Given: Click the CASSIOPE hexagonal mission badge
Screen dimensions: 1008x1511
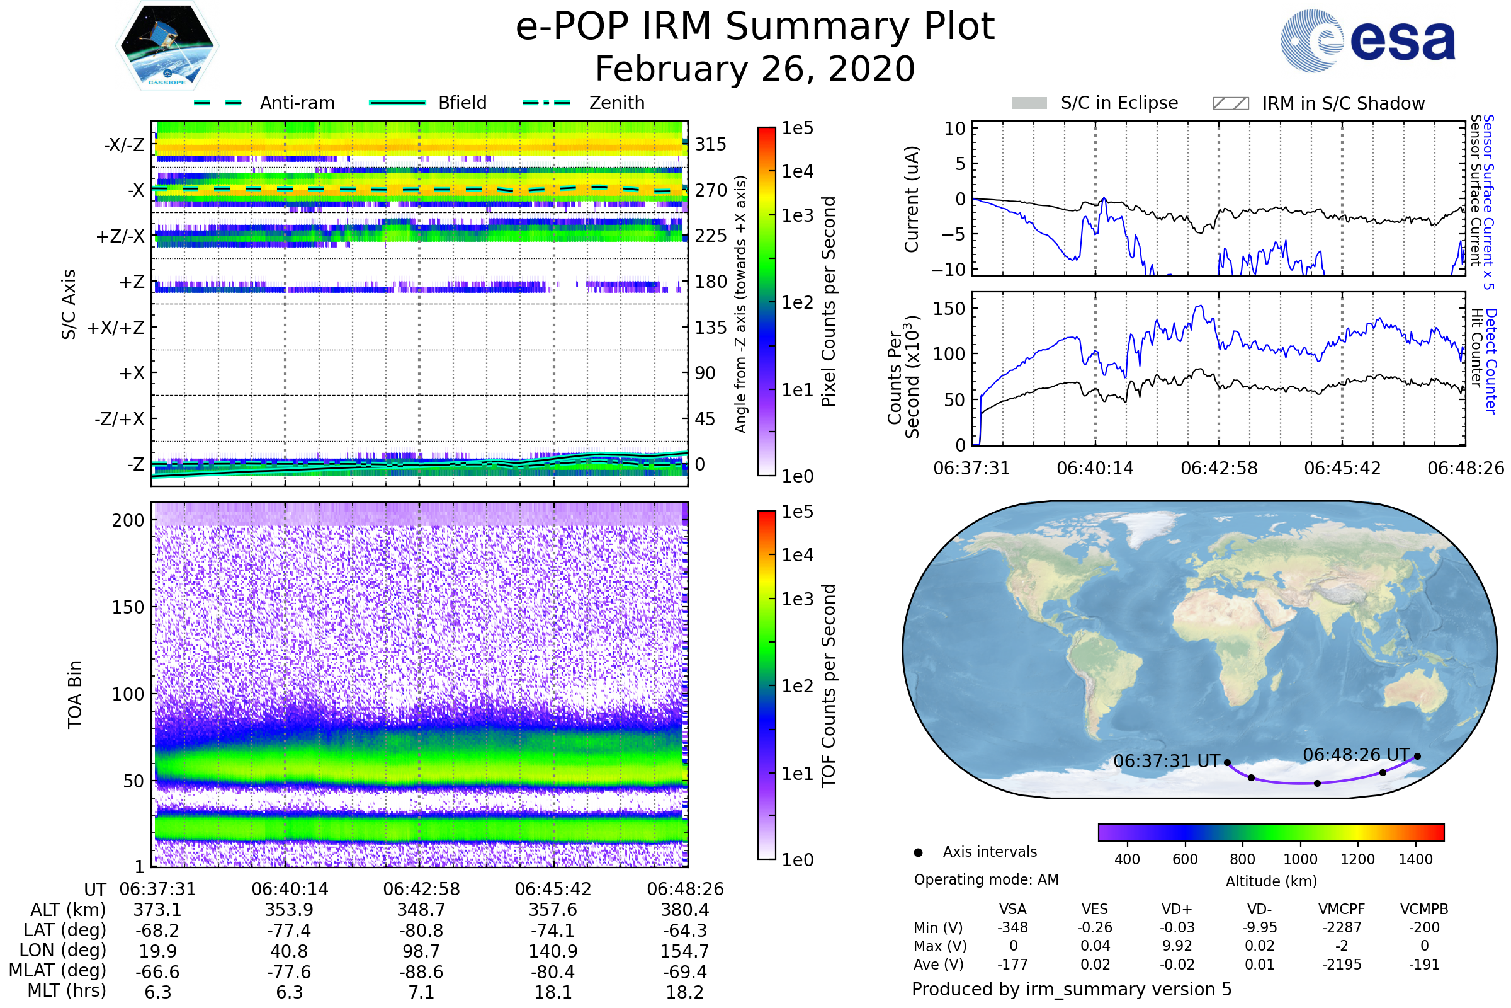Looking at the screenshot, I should pyautogui.click(x=167, y=45).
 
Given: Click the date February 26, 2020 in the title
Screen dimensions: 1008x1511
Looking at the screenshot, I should pyautogui.click(x=755, y=69).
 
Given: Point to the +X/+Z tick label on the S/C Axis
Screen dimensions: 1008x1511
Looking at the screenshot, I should pyautogui.click(x=116, y=328).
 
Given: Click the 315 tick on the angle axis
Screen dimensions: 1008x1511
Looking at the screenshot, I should pyautogui.click(x=710, y=144).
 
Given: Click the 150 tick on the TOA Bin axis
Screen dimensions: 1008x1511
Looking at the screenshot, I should pyautogui.click(x=128, y=607).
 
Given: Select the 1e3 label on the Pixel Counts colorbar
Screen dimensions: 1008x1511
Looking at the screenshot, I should pyautogui.click(x=797, y=215).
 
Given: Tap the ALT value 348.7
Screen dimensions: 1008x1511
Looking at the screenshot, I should pyautogui.click(x=421, y=910).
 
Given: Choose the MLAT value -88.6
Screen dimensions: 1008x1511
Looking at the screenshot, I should pyautogui.click(x=421, y=971).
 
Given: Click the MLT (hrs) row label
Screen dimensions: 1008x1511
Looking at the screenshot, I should pyautogui.click(x=67, y=990).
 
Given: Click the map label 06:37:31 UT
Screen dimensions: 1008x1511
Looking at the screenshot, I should pyautogui.click(x=1166, y=761).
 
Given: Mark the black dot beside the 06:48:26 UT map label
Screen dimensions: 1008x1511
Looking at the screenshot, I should pyautogui.click(x=1417, y=756).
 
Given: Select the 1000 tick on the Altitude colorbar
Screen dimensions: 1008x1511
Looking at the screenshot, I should pyautogui.click(x=1299, y=859).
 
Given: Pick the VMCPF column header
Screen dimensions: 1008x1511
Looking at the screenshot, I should pyautogui.click(x=1342, y=909).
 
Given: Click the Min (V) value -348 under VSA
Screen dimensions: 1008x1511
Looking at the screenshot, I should pyautogui.click(x=1012, y=927).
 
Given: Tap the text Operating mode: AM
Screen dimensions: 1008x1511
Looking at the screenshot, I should pyautogui.click(x=986, y=879).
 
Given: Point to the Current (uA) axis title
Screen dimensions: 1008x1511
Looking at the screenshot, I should pyautogui.click(x=912, y=199).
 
